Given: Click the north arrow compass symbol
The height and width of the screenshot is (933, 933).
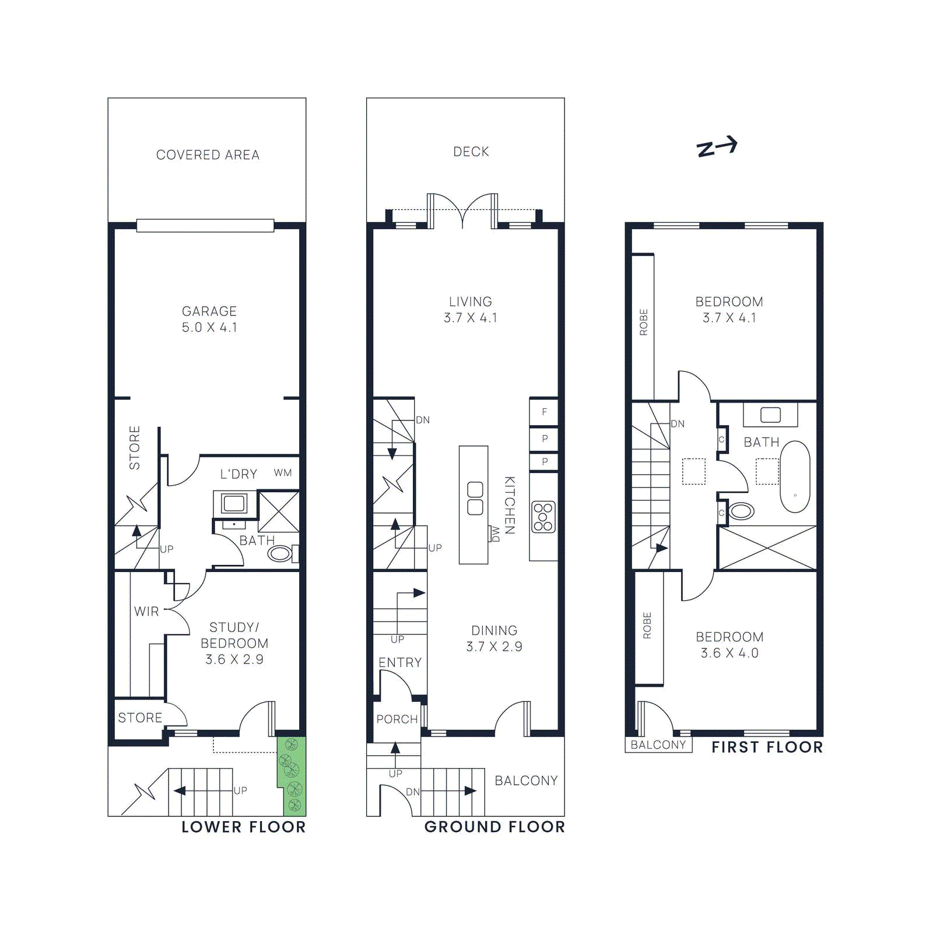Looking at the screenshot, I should (717, 146).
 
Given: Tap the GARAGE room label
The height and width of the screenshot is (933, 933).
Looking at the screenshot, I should (209, 311).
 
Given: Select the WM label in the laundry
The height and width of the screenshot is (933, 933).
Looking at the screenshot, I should (283, 473).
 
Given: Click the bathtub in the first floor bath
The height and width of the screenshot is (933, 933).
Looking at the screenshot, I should (795, 476).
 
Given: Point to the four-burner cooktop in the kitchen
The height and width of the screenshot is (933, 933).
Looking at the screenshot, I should (543, 517).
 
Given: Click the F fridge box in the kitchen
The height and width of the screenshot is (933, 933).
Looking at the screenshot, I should (544, 412).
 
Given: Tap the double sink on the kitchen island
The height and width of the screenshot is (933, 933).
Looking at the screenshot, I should (475, 498).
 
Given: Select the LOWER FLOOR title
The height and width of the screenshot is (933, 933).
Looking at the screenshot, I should (244, 827).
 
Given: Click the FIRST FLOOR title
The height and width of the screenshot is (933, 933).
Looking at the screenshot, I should (767, 747).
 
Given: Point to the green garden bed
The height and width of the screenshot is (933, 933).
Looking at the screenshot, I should (291, 776).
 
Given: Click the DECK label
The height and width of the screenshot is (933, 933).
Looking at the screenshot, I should (471, 152).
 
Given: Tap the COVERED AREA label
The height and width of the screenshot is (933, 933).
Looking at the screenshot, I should (208, 155).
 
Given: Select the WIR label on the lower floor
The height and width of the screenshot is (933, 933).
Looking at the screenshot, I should (146, 611).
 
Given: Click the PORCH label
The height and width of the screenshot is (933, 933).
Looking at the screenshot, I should (397, 719).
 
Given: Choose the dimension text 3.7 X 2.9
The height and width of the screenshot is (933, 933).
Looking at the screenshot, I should (494, 647).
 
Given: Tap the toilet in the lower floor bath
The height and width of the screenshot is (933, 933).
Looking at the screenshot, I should (280, 553).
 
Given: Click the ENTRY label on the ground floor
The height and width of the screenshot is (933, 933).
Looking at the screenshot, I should (400, 662).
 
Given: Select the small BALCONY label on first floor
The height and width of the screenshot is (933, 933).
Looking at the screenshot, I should (658, 745).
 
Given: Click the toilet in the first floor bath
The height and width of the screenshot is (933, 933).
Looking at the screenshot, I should (741, 511).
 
